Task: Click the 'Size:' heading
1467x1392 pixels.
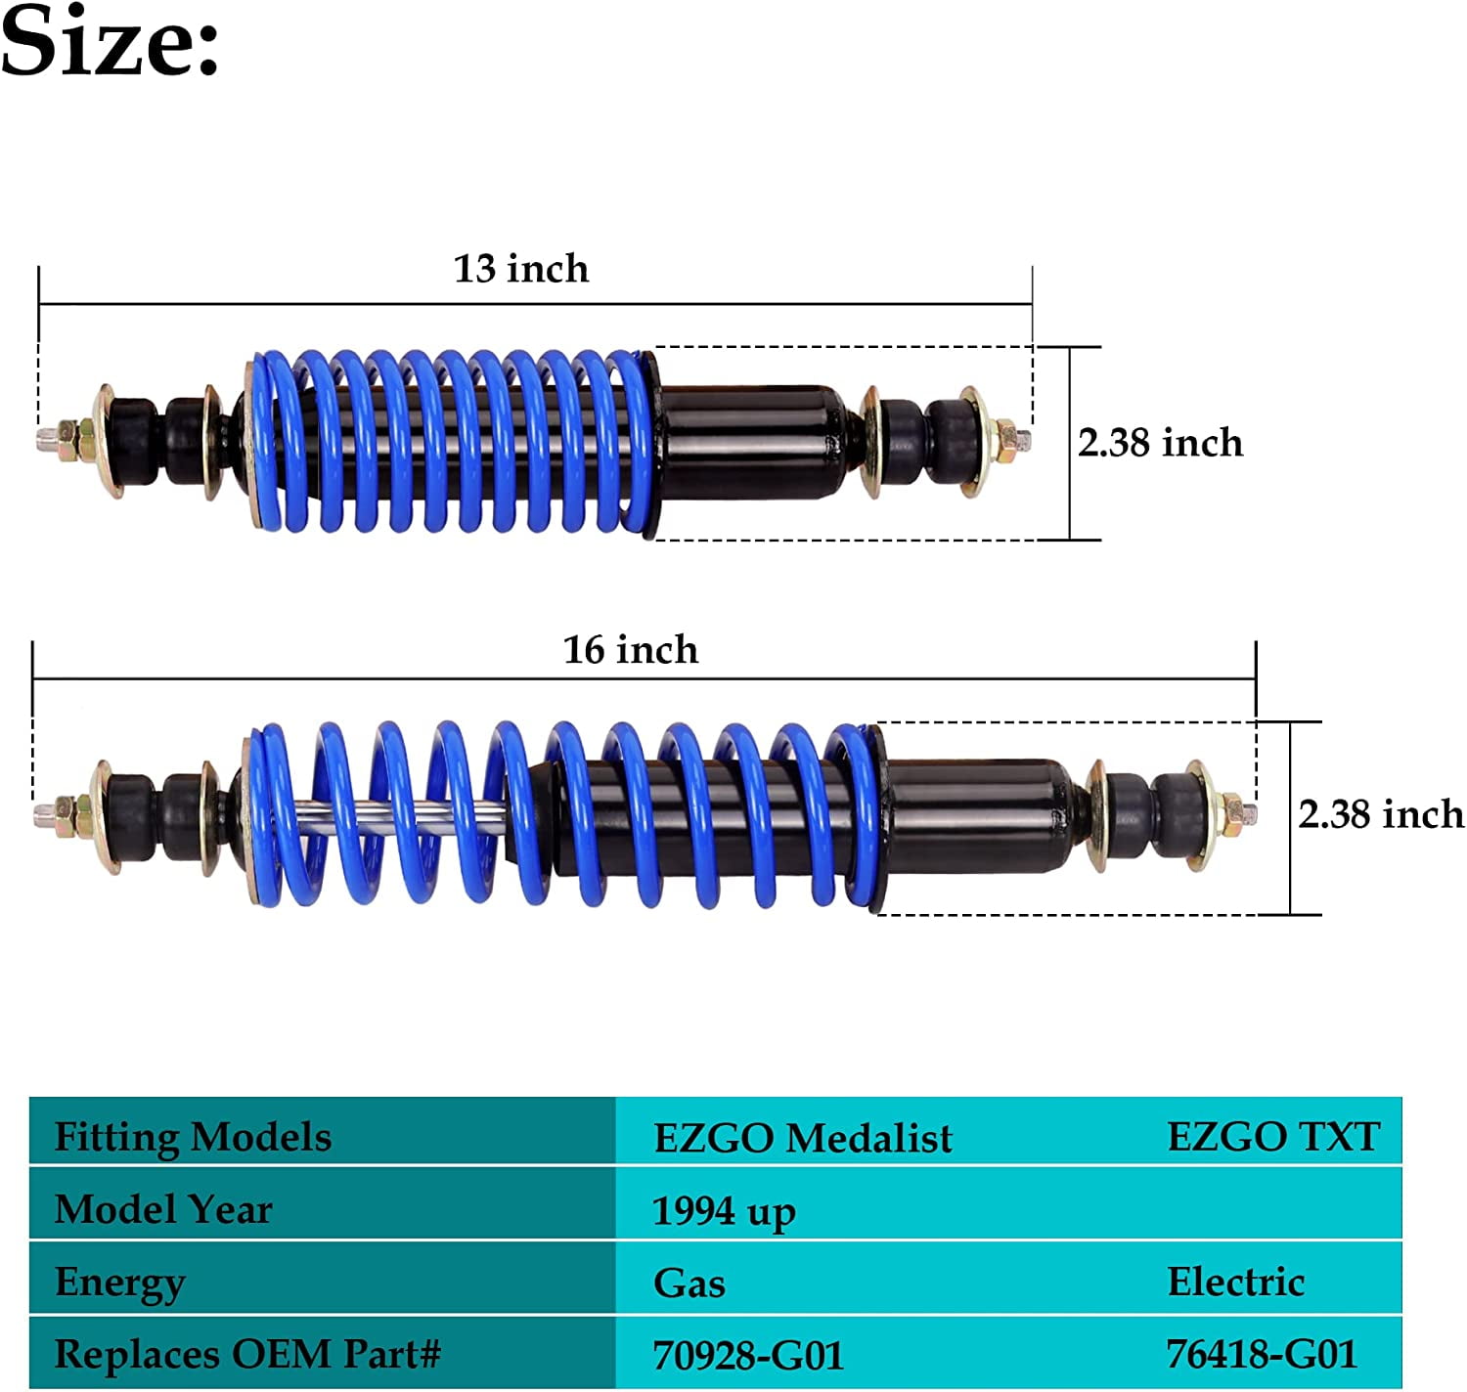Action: [x=110, y=41]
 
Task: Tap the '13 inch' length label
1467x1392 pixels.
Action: [x=521, y=269]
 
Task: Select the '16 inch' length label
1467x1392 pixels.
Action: [x=631, y=650]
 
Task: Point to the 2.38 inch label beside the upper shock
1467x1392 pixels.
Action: [x=1160, y=443]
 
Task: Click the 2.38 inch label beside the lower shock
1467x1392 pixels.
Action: [x=1380, y=814]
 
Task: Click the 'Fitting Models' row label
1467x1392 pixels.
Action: [x=193, y=1137]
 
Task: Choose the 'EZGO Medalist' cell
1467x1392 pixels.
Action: [x=802, y=1138]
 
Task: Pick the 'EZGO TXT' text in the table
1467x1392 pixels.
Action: [x=1273, y=1137]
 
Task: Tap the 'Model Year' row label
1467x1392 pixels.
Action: [x=163, y=1209]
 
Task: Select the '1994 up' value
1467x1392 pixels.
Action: [x=724, y=1212]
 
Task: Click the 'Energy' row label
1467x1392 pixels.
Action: [x=119, y=1283]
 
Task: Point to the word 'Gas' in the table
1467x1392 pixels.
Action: [x=689, y=1283]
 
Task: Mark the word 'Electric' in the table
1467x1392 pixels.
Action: [x=1236, y=1282]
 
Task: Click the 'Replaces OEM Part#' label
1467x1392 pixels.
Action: [x=247, y=1355]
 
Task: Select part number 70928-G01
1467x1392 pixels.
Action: [x=748, y=1356]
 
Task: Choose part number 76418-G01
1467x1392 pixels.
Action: [x=1262, y=1355]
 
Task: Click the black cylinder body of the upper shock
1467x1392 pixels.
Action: [x=748, y=443]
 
